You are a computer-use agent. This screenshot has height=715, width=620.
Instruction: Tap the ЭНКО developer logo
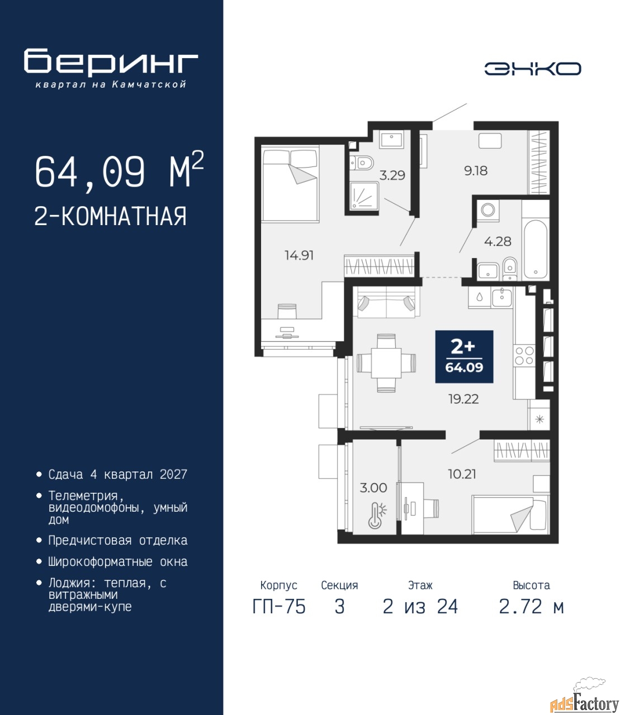[532, 69]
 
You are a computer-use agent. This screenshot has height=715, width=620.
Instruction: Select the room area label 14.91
[299, 255]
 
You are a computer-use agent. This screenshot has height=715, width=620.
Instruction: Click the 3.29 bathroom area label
[392, 175]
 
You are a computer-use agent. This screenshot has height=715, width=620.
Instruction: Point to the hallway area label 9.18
[476, 170]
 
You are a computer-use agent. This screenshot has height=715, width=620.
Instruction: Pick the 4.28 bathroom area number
[498, 241]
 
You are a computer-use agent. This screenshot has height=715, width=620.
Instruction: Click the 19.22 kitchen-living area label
[463, 399]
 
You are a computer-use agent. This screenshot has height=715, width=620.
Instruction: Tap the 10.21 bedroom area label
[462, 474]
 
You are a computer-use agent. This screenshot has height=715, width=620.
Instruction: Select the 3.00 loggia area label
[373, 488]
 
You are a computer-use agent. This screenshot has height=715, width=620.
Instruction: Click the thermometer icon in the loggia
[377, 517]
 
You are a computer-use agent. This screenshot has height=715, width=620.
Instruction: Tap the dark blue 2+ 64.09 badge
[464, 356]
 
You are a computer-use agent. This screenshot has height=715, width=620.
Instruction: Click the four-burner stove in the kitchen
[524, 356]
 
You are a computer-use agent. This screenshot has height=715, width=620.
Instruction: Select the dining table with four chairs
[386, 363]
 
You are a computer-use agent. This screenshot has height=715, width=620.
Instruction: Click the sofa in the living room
[386, 302]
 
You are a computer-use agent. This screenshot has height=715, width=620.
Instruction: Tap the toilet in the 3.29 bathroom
[362, 163]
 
